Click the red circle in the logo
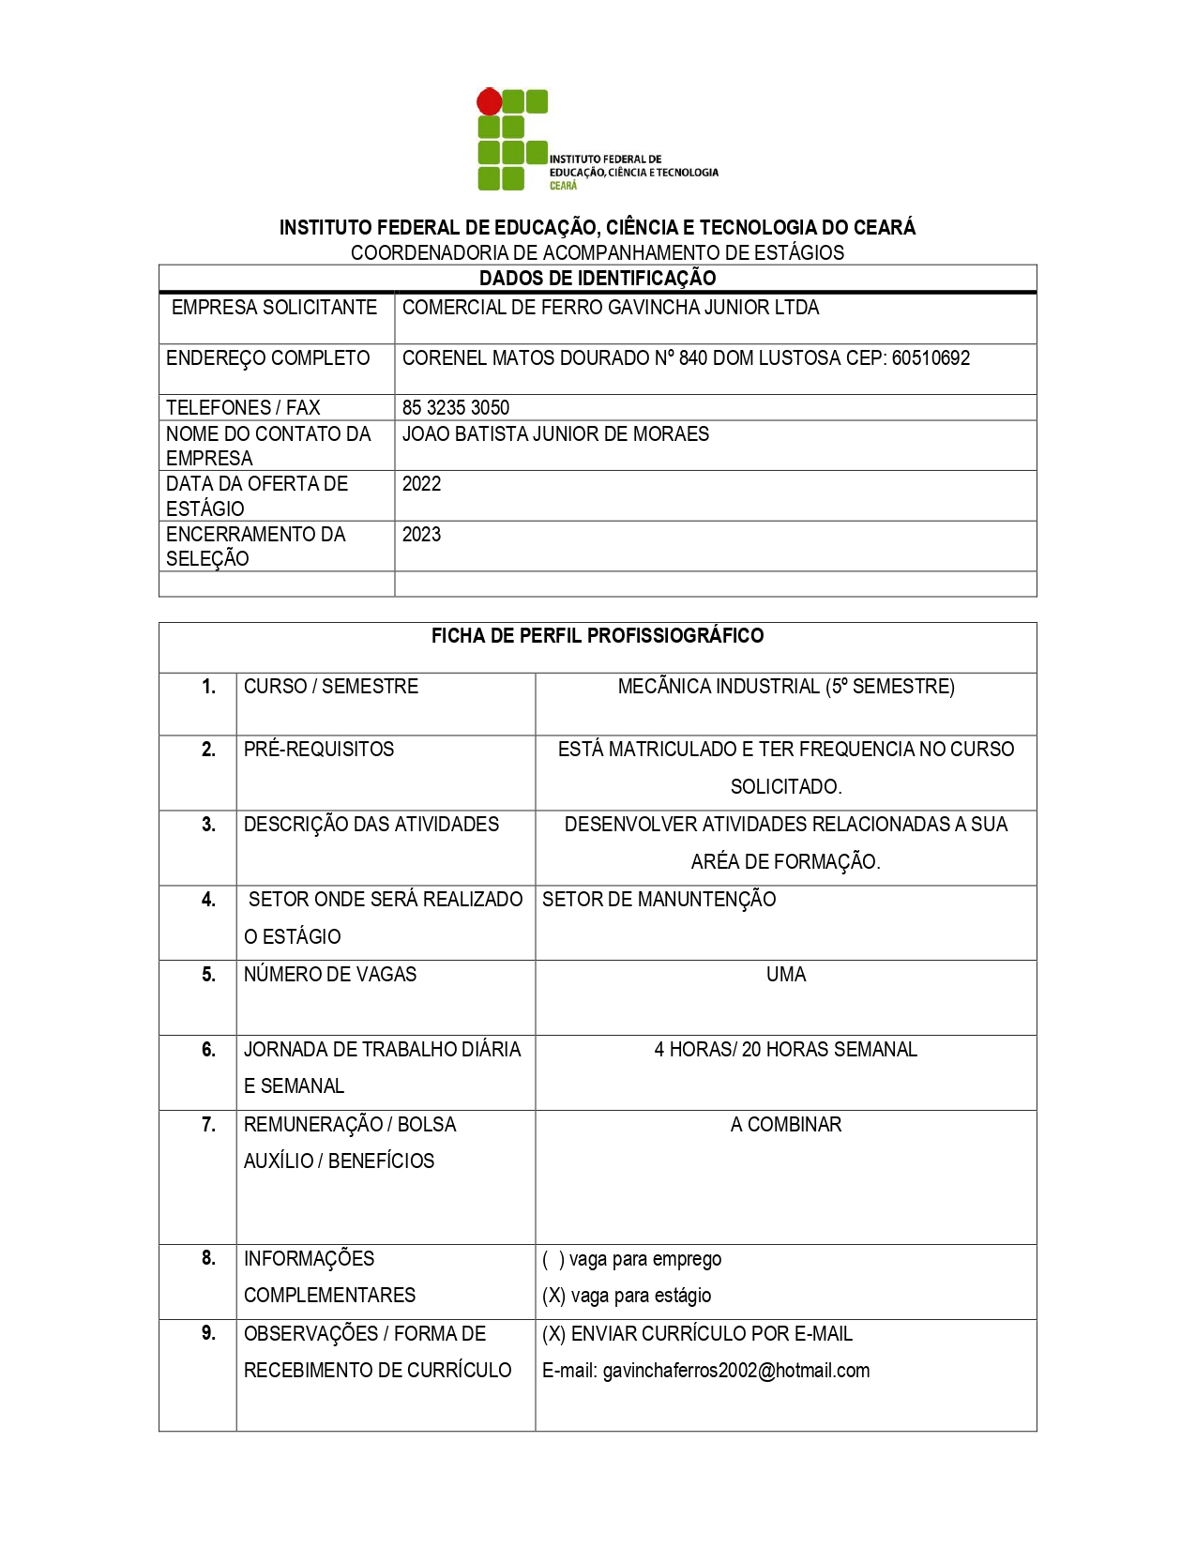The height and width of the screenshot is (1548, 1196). [489, 101]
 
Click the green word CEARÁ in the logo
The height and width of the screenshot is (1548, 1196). [563, 186]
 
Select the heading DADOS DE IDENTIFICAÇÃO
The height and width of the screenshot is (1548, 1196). [598, 278]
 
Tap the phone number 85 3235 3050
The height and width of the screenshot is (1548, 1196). [456, 407]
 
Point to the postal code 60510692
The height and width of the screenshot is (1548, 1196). [931, 357]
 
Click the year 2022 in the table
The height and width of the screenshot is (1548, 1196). [421, 483]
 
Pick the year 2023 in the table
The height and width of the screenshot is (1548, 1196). [421, 534]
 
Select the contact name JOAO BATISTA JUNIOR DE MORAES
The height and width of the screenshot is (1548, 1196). [555, 433]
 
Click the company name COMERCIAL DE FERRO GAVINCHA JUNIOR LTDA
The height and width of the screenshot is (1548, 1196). [611, 307]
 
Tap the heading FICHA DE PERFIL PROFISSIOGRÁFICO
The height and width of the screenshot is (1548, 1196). [598, 635]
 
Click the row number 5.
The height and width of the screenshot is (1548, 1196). [208, 974]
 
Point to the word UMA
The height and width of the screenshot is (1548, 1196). [786, 974]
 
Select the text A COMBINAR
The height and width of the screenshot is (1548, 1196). [786, 1124]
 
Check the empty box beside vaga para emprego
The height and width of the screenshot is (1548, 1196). [553, 1259]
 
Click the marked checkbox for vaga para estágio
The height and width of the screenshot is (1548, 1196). [553, 1296]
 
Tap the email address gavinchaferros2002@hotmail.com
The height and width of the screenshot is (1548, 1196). [735, 1370]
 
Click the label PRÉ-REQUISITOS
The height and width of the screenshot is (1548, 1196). [319, 749]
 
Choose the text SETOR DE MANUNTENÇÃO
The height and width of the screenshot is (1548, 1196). [659, 899]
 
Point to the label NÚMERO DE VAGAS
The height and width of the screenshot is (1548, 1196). [330, 974]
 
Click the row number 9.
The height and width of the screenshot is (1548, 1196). [208, 1332]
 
